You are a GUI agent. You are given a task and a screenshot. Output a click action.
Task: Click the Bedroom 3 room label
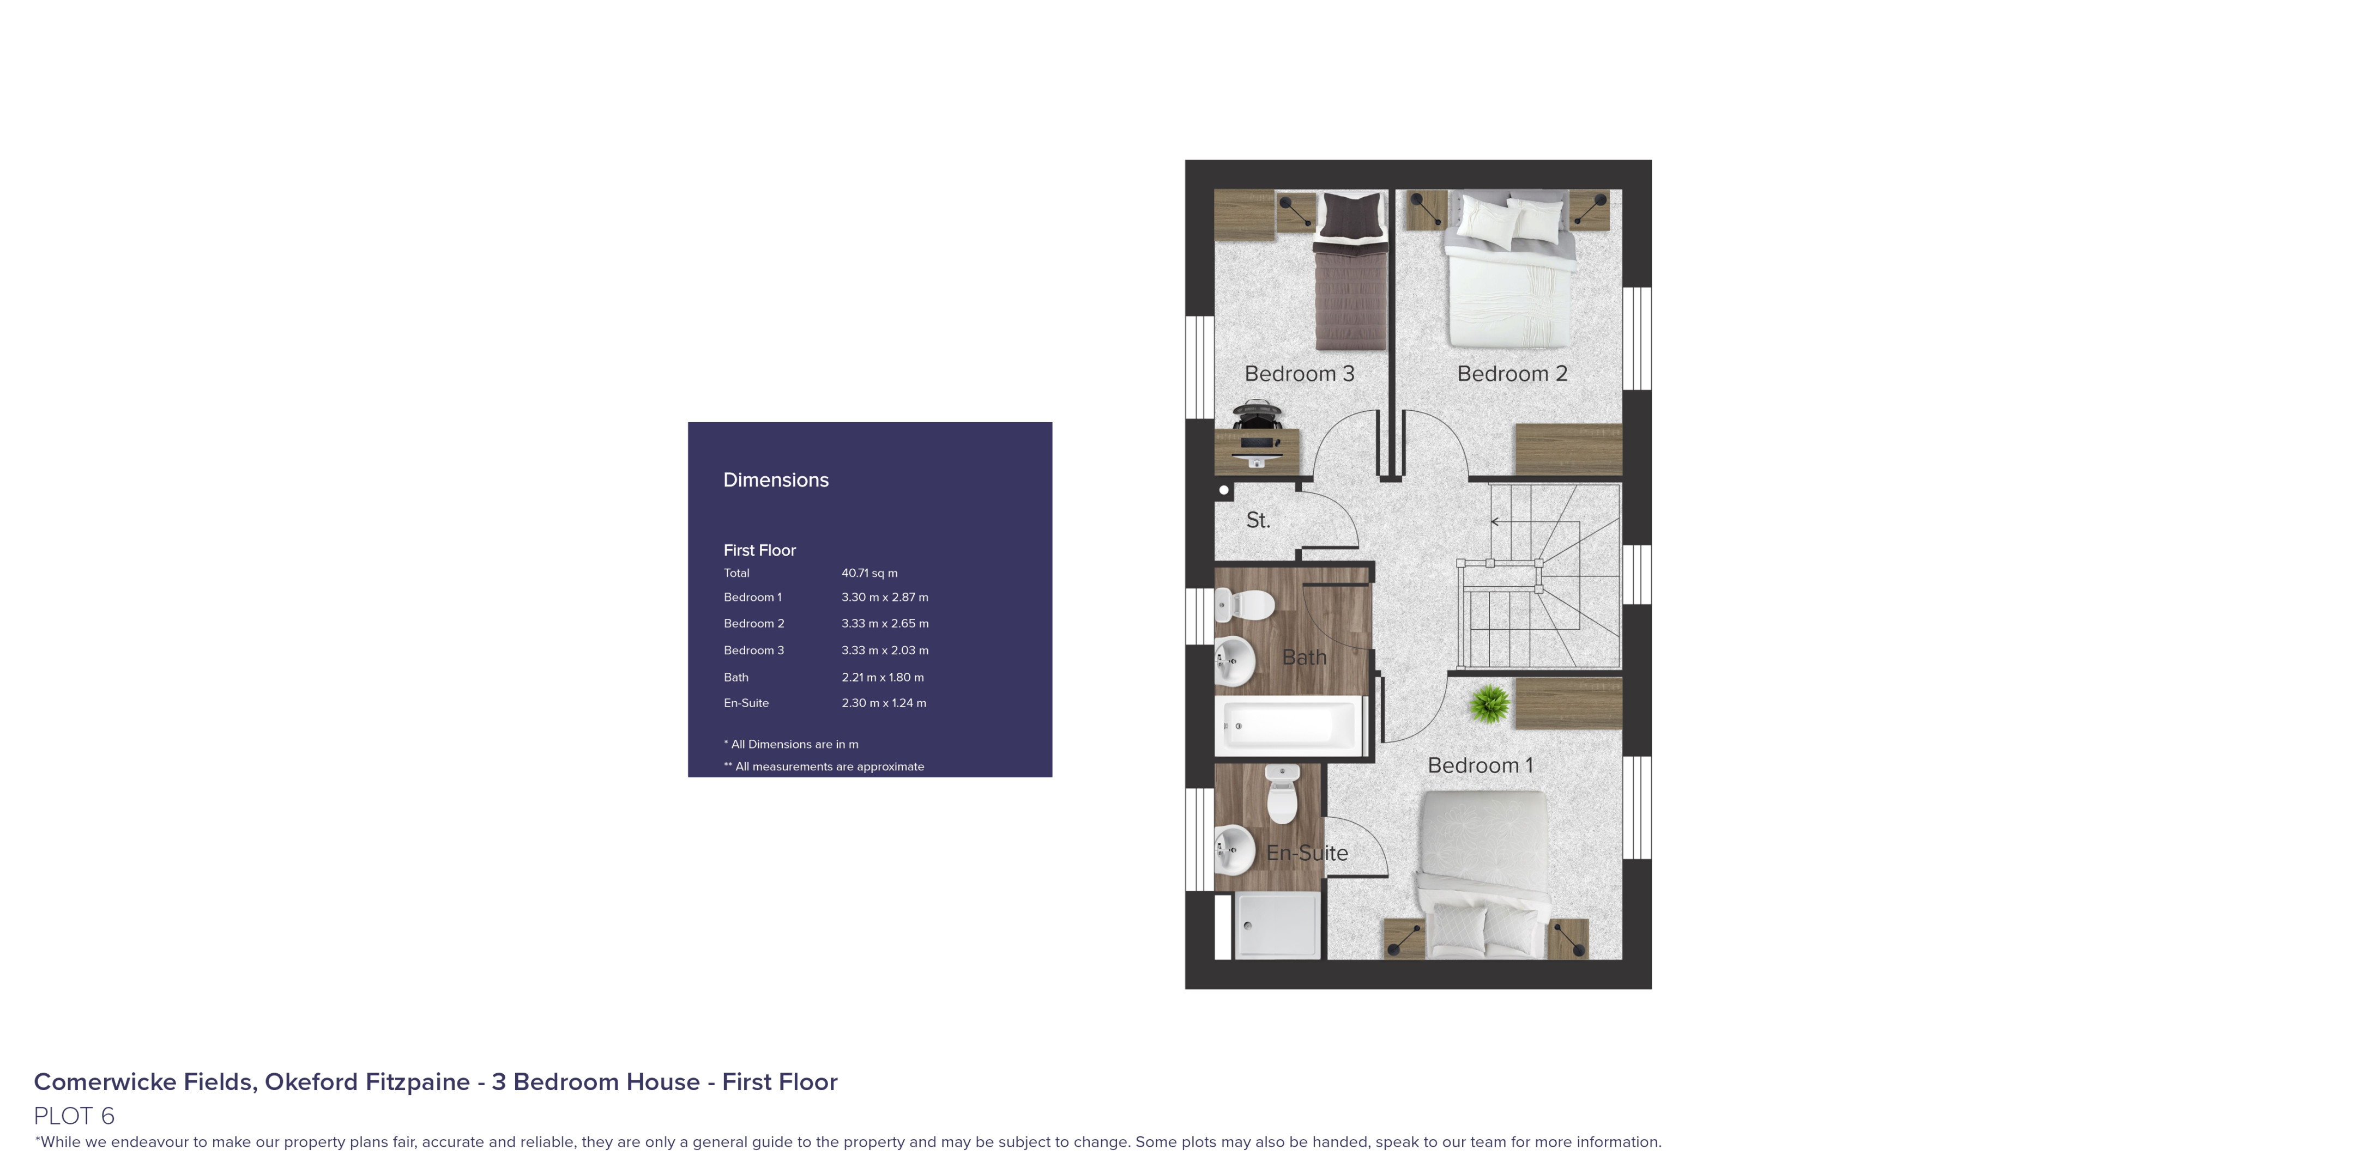coord(1299,374)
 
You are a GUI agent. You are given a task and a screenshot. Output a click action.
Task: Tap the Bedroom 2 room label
coord(1512,374)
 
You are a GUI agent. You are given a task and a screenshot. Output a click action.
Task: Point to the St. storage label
coord(1258,520)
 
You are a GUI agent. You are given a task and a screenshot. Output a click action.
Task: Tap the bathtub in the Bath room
coord(1289,725)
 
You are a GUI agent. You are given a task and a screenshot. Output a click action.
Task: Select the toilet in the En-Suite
coord(1282,795)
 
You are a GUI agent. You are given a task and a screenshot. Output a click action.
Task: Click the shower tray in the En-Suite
coord(1277,926)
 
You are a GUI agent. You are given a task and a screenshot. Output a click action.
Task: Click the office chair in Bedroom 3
coord(1255,415)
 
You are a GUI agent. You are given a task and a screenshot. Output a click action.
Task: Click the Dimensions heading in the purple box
coord(775,480)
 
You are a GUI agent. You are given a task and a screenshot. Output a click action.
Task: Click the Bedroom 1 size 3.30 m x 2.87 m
coord(885,597)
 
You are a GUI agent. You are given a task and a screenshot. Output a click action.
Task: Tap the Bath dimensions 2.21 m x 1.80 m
coord(882,677)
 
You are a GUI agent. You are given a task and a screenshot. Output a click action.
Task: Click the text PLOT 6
coord(74,1116)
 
